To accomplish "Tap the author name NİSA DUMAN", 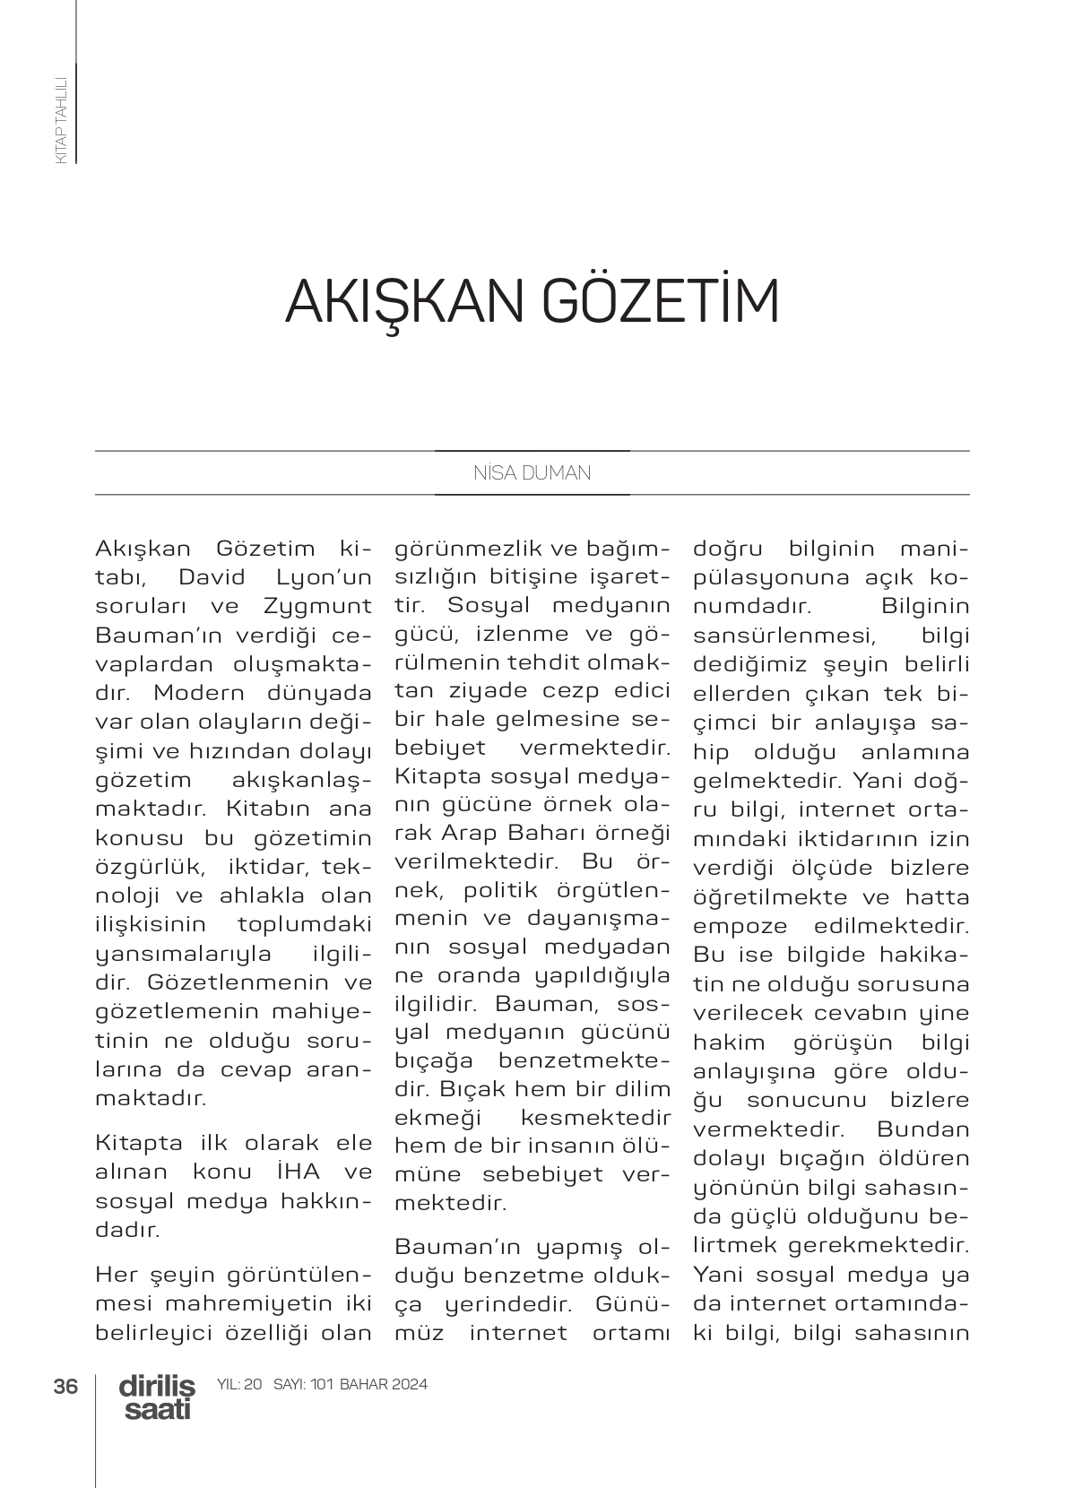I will tap(532, 473).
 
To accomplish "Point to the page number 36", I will tap(65, 1386).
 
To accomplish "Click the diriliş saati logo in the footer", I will tap(157, 1397).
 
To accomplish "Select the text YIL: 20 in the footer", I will tap(239, 1384).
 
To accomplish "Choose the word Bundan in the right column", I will tap(923, 1129).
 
